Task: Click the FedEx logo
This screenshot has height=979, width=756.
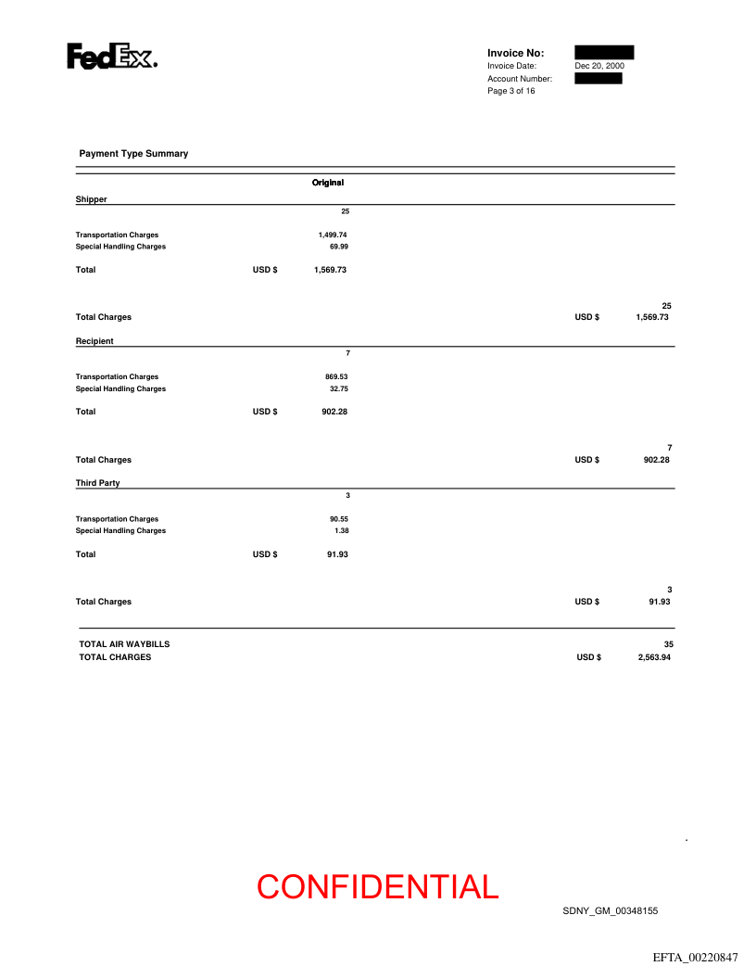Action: (111, 57)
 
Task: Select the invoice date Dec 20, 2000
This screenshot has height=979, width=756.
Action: (598, 66)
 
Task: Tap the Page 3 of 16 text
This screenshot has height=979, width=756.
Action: (510, 91)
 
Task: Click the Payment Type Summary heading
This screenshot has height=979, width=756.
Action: (133, 153)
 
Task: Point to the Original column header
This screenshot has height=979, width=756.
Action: (328, 183)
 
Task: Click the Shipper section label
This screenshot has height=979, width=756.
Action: (91, 199)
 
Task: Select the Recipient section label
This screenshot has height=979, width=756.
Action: (94, 341)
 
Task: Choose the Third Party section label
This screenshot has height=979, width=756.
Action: (97, 483)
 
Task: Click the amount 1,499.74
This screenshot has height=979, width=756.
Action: (333, 235)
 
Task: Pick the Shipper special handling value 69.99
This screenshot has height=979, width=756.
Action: (338, 247)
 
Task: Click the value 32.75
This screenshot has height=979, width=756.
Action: (338, 388)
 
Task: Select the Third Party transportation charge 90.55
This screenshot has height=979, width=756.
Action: (336, 519)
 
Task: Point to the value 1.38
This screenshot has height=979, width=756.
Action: (341, 530)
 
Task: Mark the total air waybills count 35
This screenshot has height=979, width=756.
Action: (668, 643)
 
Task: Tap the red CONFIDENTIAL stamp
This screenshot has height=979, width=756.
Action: (378, 887)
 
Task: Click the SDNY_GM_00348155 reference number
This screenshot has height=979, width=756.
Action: (610, 911)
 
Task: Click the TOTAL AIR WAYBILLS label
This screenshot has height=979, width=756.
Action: (124, 643)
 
